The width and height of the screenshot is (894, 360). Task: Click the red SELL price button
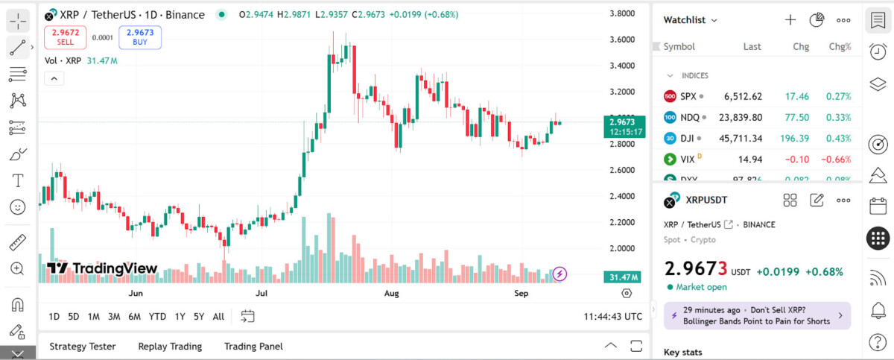(x=65, y=37)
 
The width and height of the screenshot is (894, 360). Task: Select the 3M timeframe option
(x=114, y=316)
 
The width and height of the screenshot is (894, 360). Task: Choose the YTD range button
(x=157, y=316)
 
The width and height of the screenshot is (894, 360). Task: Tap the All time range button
(x=218, y=316)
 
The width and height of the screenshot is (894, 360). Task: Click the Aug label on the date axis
(x=392, y=294)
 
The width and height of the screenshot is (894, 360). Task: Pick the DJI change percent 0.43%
(x=837, y=138)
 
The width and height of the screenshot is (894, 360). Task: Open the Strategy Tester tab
(x=82, y=346)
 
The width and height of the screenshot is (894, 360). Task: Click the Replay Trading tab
(x=170, y=346)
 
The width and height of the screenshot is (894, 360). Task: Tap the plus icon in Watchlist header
(x=790, y=20)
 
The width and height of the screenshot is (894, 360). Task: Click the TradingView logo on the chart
(x=102, y=268)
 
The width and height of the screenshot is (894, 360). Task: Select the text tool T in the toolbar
(x=17, y=180)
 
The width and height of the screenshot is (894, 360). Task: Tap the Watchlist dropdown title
(x=691, y=20)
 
